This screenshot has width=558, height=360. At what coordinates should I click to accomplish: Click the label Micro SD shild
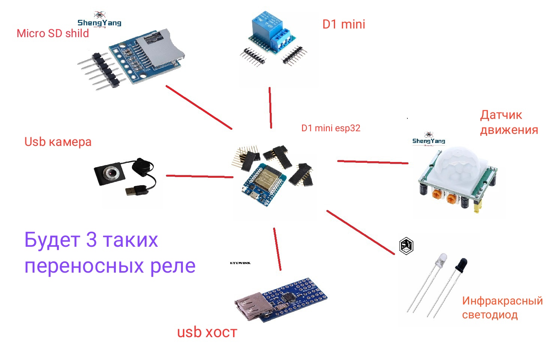[x=53, y=33]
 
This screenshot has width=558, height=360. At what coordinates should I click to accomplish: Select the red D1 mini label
[x=344, y=24]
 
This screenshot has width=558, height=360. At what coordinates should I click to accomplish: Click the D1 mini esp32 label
[x=331, y=128]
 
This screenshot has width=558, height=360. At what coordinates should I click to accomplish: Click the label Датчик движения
[x=509, y=122]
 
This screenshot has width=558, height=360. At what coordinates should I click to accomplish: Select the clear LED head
[x=442, y=259]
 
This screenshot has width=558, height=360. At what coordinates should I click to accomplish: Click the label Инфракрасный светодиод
[x=502, y=307]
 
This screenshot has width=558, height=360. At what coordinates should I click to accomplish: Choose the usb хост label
[x=207, y=332]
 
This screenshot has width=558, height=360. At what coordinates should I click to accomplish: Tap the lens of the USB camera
[x=111, y=173]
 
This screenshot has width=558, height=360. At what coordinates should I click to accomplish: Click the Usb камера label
[x=58, y=142]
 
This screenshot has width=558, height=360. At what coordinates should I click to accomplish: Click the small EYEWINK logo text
[x=240, y=263]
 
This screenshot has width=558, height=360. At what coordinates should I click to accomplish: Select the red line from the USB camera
[x=199, y=176]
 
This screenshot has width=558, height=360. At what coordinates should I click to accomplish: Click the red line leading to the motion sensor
[x=372, y=162]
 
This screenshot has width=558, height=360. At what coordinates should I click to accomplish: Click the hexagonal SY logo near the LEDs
[x=406, y=246]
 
